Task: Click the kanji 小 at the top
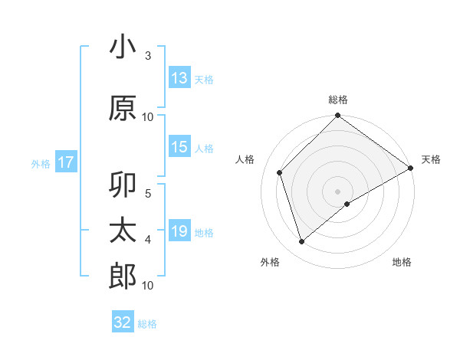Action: (123, 47)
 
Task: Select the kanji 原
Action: (123, 108)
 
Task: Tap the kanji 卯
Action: (123, 186)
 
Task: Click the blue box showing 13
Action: (179, 78)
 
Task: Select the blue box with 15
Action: (179, 147)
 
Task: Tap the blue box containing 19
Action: (179, 231)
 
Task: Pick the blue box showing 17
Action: (65, 162)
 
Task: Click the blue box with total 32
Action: (123, 322)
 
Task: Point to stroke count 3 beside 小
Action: (148, 56)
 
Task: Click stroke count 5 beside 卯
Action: (148, 193)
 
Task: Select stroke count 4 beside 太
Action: (148, 240)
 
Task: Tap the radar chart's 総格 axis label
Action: (338, 100)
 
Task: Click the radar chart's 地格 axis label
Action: (402, 262)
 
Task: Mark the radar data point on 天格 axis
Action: (411, 168)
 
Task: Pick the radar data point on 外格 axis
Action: (302, 242)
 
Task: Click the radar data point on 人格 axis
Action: (280, 172)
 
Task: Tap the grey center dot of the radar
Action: (338, 191)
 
